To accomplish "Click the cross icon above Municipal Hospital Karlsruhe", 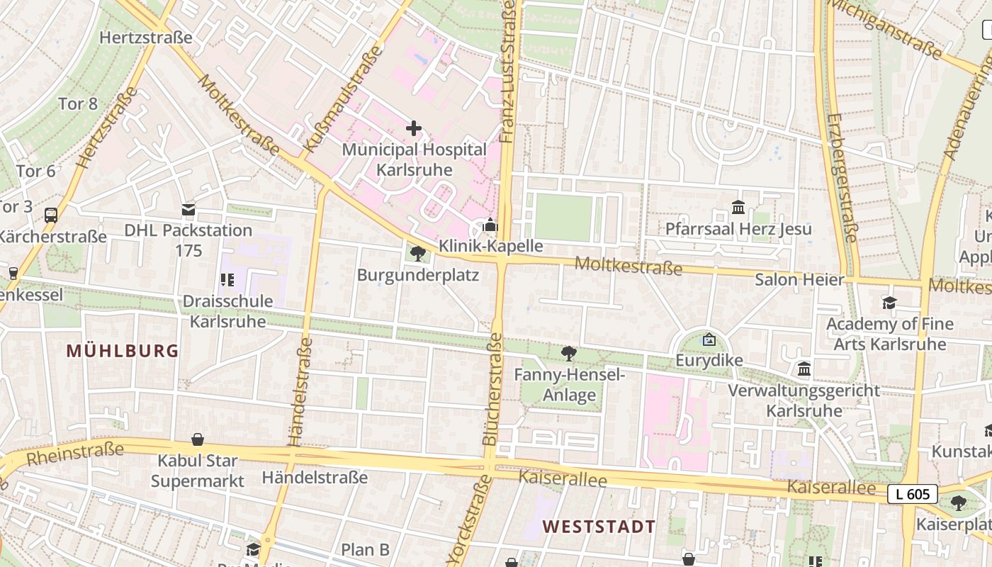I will pyautogui.click(x=414, y=128).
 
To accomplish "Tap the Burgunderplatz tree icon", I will pyautogui.click(x=418, y=253).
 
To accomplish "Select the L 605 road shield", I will pyautogui.click(x=913, y=494).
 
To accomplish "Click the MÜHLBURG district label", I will pyautogui.click(x=123, y=351).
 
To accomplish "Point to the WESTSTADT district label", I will pyautogui.click(x=599, y=527).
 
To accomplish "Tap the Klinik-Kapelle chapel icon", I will pyautogui.click(x=490, y=226).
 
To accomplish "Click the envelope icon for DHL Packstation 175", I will pyautogui.click(x=188, y=209).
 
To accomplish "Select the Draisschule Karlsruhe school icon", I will pyautogui.click(x=227, y=280).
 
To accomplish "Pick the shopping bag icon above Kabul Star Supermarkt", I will pyautogui.click(x=198, y=440).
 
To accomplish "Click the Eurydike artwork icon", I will pyautogui.click(x=709, y=340).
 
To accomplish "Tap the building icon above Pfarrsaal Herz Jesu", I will pyautogui.click(x=738, y=208).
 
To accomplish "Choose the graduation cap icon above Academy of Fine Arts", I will pyautogui.click(x=889, y=303).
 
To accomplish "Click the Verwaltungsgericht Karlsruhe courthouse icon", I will pyautogui.click(x=804, y=369).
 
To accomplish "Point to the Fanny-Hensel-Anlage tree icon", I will pyautogui.click(x=568, y=353).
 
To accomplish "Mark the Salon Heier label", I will pyautogui.click(x=799, y=279).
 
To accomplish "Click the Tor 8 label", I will pyautogui.click(x=78, y=103).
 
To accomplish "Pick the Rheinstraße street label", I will pyautogui.click(x=75, y=454).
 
